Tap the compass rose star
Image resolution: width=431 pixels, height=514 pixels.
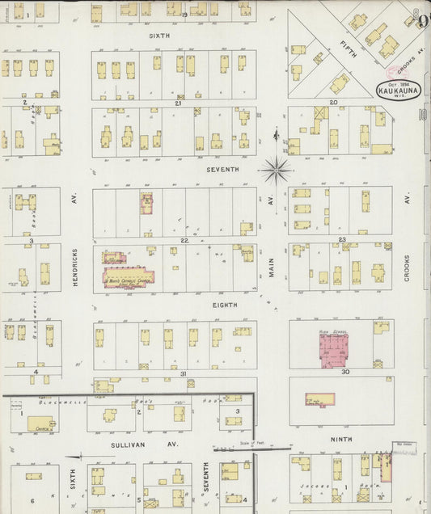(x=277, y=169)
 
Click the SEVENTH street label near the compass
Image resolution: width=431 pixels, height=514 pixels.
(x=222, y=170)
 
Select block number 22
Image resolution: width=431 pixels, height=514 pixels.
(x=184, y=240)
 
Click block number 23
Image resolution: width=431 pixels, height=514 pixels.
(x=342, y=240)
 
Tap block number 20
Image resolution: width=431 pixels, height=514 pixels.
(x=332, y=103)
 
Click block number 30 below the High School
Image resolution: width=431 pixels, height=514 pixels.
(x=344, y=372)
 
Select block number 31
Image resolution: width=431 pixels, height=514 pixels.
(x=184, y=373)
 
